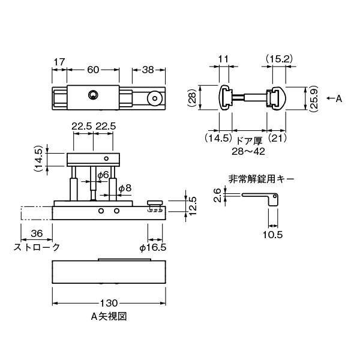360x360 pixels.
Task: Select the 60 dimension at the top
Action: point(93,70)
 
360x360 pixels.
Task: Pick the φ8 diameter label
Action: point(125,188)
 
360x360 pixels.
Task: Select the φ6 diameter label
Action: point(103,175)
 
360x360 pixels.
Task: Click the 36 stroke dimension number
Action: point(36,234)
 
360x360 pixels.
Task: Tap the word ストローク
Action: point(37,247)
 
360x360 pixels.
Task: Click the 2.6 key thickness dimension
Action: point(218,195)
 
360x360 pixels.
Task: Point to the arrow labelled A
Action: point(334,98)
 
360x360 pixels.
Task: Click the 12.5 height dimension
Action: point(194,206)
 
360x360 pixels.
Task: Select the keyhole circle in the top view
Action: point(92,94)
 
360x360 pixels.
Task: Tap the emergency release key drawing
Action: point(261,199)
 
